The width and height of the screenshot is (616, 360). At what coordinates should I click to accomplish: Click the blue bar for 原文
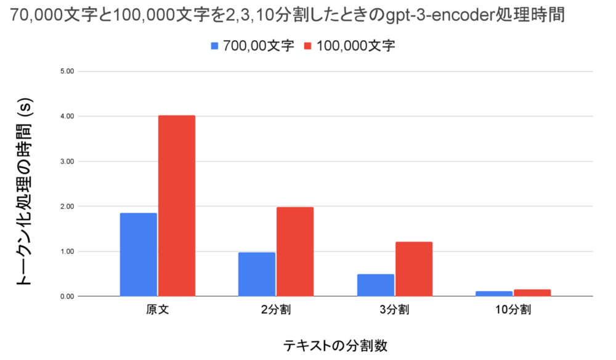pyautogui.click(x=139, y=255)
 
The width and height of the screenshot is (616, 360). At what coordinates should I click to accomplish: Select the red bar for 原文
pyautogui.click(x=177, y=206)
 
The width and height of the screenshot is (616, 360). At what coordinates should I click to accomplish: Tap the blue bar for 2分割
pyautogui.click(x=257, y=274)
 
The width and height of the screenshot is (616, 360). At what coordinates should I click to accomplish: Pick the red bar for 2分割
pyautogui.click(x=295, y=252)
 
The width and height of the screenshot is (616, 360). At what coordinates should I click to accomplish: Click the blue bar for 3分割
pyautogui.click(x=376, y=285)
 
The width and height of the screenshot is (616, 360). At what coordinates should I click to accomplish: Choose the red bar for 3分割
pyautogui.click(x=414, y=269)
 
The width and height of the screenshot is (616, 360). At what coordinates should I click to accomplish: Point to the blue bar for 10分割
pyautogui.click(x=494, y=293)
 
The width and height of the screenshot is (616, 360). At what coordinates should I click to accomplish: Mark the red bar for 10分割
pyautogui.click(x=532, y=293)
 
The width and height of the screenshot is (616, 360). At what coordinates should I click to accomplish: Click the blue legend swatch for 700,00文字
pyautogui.click(x=215, y=46)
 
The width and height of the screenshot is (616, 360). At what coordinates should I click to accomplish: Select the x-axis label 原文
pyautogui.click(x=158, y=310)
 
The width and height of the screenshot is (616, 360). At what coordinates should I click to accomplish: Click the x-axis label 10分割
pyautogui.click(x=513, y=310)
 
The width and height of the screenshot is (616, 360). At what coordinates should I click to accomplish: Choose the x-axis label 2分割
pyautogui.click(x=276, y=310)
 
